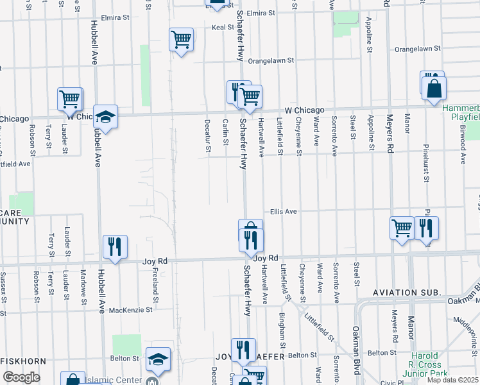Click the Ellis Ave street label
[x=282, y=211]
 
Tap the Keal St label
[x=223, y=28]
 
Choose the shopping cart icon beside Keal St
[x=182, y=40]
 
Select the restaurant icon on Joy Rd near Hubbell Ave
[x=115, y=246]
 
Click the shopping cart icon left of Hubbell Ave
[x=69, y=99]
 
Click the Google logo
[x=21, y=377]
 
